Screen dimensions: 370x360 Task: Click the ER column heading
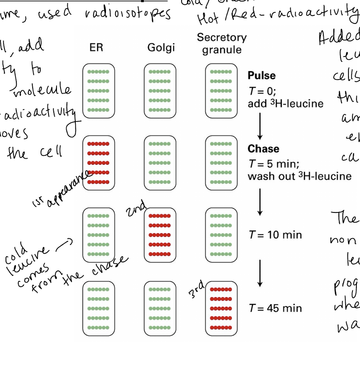tap(96, 48)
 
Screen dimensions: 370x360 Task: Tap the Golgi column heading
tap(161, 48)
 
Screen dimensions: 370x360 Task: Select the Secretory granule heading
tap(222, 44)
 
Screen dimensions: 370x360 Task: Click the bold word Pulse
tap(262, 76)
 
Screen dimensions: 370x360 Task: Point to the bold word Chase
tap(263, 149)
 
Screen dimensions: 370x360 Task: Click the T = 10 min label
tap(275, 235)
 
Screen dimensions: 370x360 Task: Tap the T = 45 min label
tap(275, 308)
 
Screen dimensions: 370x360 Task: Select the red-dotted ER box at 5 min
tap(98, 163)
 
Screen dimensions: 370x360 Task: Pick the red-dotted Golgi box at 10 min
tap(160, 235)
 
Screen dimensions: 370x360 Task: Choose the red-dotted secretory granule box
tap(221, 308)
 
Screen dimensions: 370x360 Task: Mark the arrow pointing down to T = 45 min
tap(260, 273)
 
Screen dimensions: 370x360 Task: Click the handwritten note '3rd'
tap(196, 289)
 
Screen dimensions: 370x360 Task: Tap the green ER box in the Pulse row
tap(98, 91)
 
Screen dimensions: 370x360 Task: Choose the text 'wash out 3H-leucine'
tap(299, 176)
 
